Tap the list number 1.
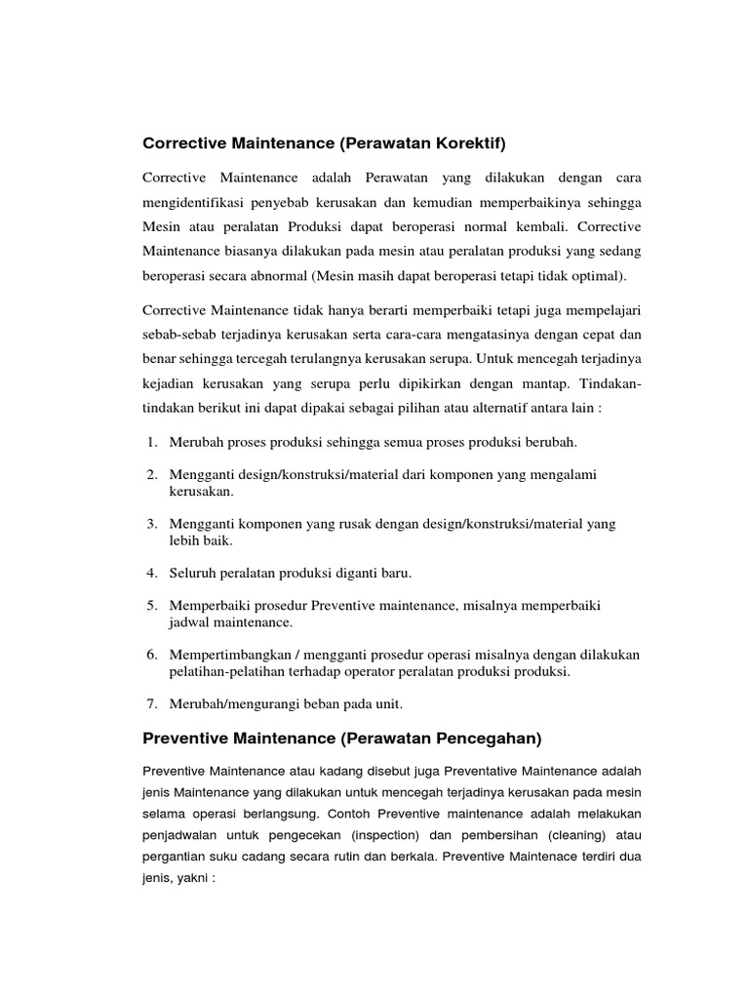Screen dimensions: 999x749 [x=152, y=442]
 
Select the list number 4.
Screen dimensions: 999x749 [x=152, y=572]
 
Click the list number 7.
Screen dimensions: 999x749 [x=152, y=703]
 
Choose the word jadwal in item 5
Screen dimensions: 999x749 [x=188, y=620]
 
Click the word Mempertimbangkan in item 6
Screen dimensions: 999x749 [x=225, y=655]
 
